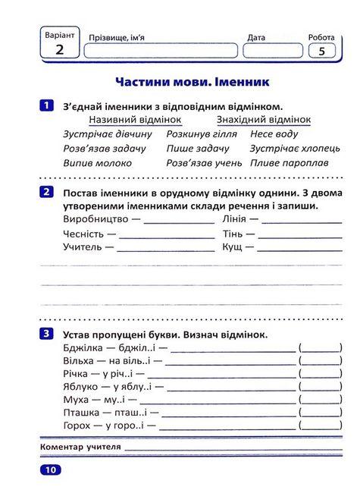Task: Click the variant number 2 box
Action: click(59, 50)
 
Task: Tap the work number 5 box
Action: click(321, 51)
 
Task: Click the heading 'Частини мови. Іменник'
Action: click(193, 80)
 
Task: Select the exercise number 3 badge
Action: click(48, 333)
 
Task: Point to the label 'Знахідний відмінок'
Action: click(264, 120)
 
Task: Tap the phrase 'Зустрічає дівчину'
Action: click(105, 134)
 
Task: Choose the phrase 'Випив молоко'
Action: click(98, 162)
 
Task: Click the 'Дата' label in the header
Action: click(256, 36)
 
